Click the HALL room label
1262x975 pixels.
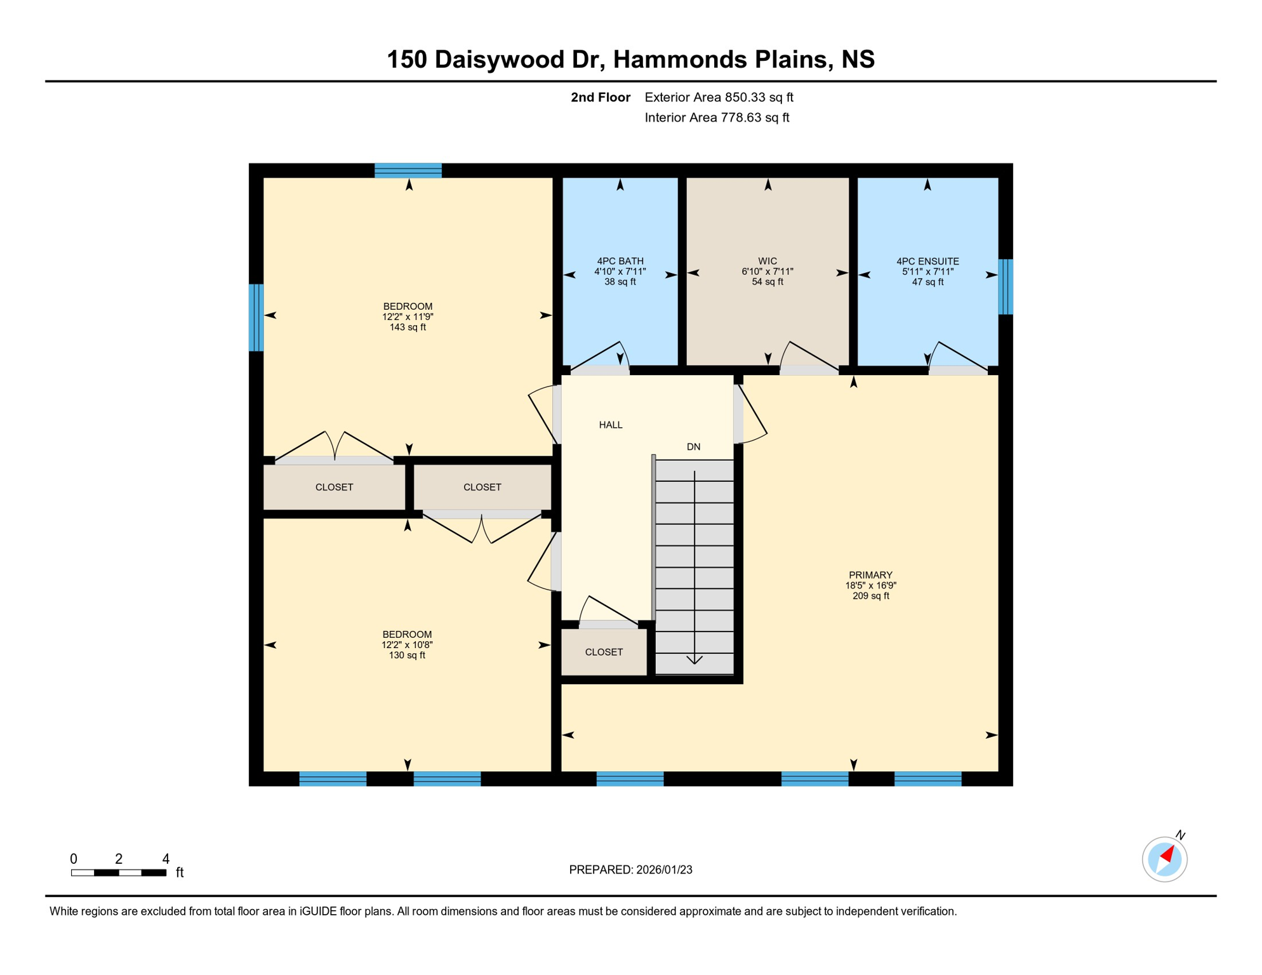pyautogui.click(x=610, y=425)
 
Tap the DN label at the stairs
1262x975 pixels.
pyautogui.click(x=693, y=447)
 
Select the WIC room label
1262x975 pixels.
pyautogui.click(x=767, y=261)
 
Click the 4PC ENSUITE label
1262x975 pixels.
pyautogui.click(x=927, y=261)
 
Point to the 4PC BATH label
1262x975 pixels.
pyautogui.click(x=620, y=261)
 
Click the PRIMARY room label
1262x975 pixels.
pyautogui.click(x=870, y=575)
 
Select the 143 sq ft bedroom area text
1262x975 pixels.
pyautogui.click(x=407, y=328)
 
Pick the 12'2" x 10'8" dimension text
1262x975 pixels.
pyautogui.click(x=406, y=645)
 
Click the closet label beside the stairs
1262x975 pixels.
pyautogui.click(x=603, y=652)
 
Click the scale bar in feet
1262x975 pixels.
pyautogui.click(x=119, y=873)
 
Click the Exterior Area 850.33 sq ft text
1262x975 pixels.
pyautogui.click(x=719, y=97)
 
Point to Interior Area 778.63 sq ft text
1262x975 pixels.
pyautogui.click(x=717, y=117)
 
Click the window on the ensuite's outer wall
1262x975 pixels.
pyautogui.click(x=1005, y=286)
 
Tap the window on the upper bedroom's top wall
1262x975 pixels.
pyautogui.click(x=408, y=170)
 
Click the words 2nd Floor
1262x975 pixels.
pyautogui.click(x=600, y=97)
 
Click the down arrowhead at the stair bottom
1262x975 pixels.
pyautogui.click(x=694, y=660)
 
